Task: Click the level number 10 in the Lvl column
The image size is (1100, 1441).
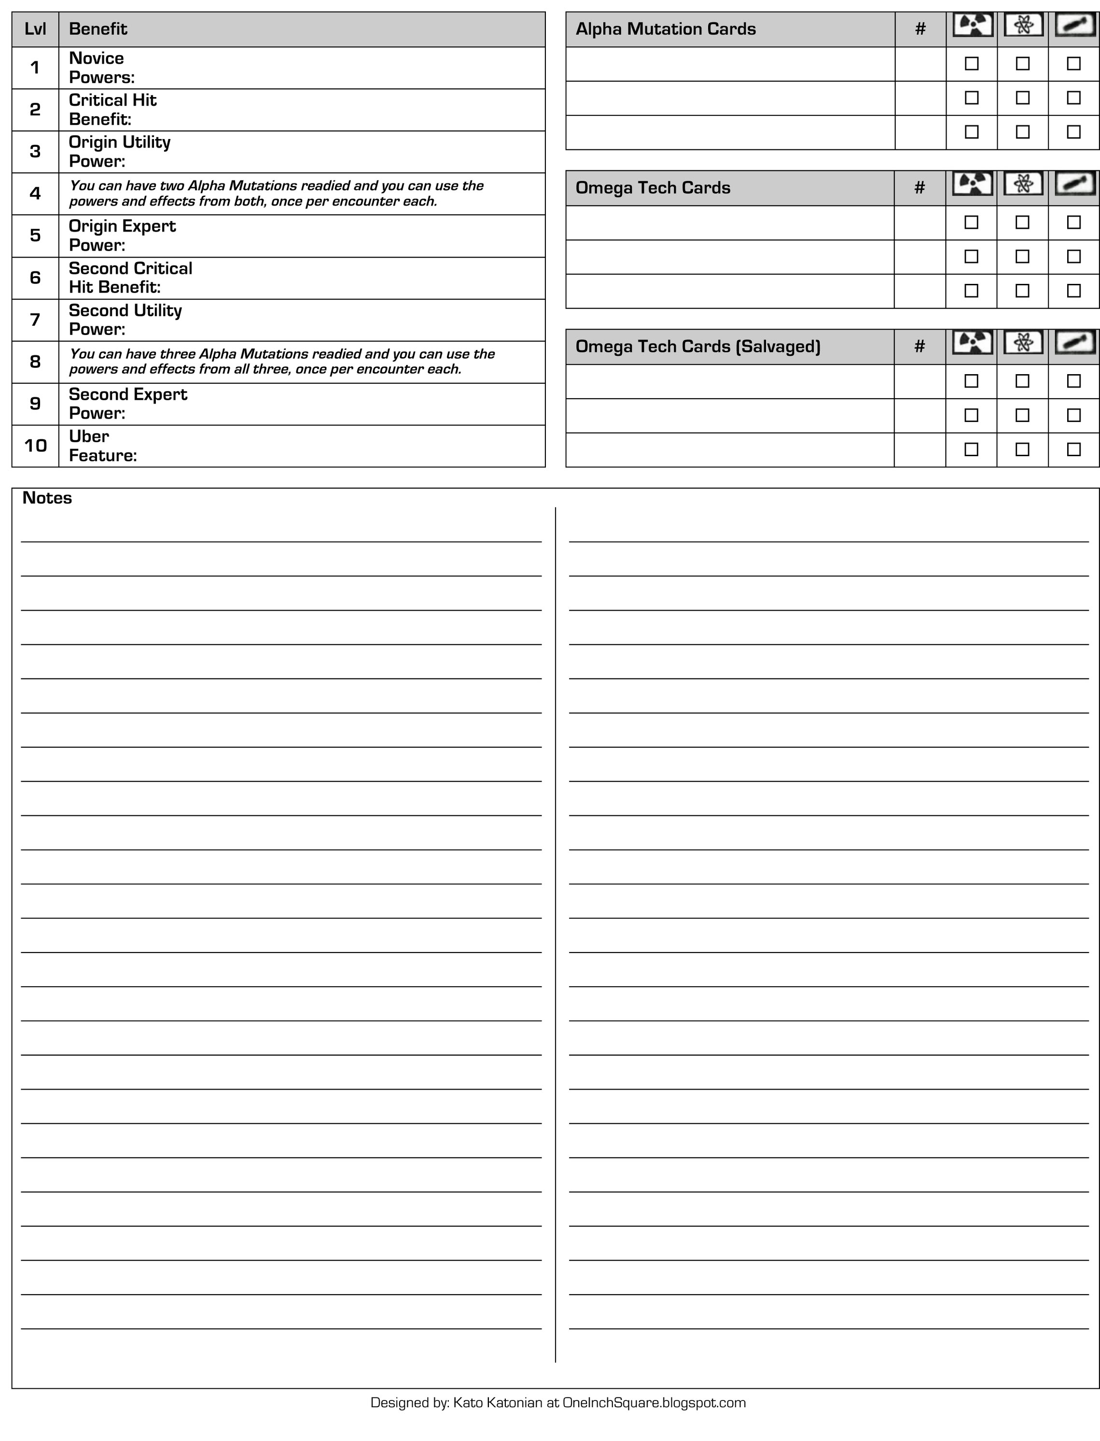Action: click(35, 446)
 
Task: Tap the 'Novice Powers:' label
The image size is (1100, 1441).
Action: click(101, 68)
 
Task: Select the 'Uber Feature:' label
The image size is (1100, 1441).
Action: click(102, 446)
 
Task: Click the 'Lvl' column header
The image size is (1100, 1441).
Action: click(35, 29)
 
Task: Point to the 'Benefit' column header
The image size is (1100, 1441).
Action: click(97, 29)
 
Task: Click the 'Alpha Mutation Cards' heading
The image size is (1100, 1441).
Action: click(665, 29)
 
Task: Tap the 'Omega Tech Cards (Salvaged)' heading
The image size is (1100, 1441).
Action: click(697, 346)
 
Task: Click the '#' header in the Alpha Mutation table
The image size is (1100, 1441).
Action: click(920, 29)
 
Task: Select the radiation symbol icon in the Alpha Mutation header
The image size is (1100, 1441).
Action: click(972, 26)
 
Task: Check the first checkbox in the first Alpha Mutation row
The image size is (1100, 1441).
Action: click(972, 64)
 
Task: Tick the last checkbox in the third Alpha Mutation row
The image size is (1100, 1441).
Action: click(1073, 132)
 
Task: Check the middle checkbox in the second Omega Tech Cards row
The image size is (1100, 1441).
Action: click(1022, 257)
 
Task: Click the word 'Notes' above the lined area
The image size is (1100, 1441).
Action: click(47, 498)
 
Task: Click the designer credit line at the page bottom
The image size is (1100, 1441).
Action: click(558, 1402)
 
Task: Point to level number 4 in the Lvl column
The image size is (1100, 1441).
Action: click(35, 194)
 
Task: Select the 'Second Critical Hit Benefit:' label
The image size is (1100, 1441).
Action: click(130, 278)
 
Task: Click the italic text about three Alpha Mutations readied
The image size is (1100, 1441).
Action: click(281, 362)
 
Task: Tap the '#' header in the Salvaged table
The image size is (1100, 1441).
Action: click(919, 346)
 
